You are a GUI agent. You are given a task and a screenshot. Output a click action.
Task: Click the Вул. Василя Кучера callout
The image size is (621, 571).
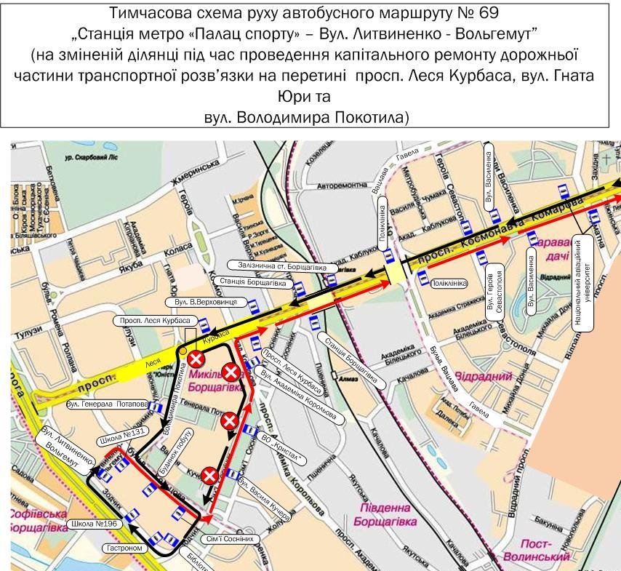[x=264, y=500]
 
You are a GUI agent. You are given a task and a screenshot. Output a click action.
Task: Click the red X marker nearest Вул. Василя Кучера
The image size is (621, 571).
[x=210, y=476]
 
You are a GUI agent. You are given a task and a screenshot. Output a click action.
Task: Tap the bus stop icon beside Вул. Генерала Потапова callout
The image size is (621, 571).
[x=157, y=408]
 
